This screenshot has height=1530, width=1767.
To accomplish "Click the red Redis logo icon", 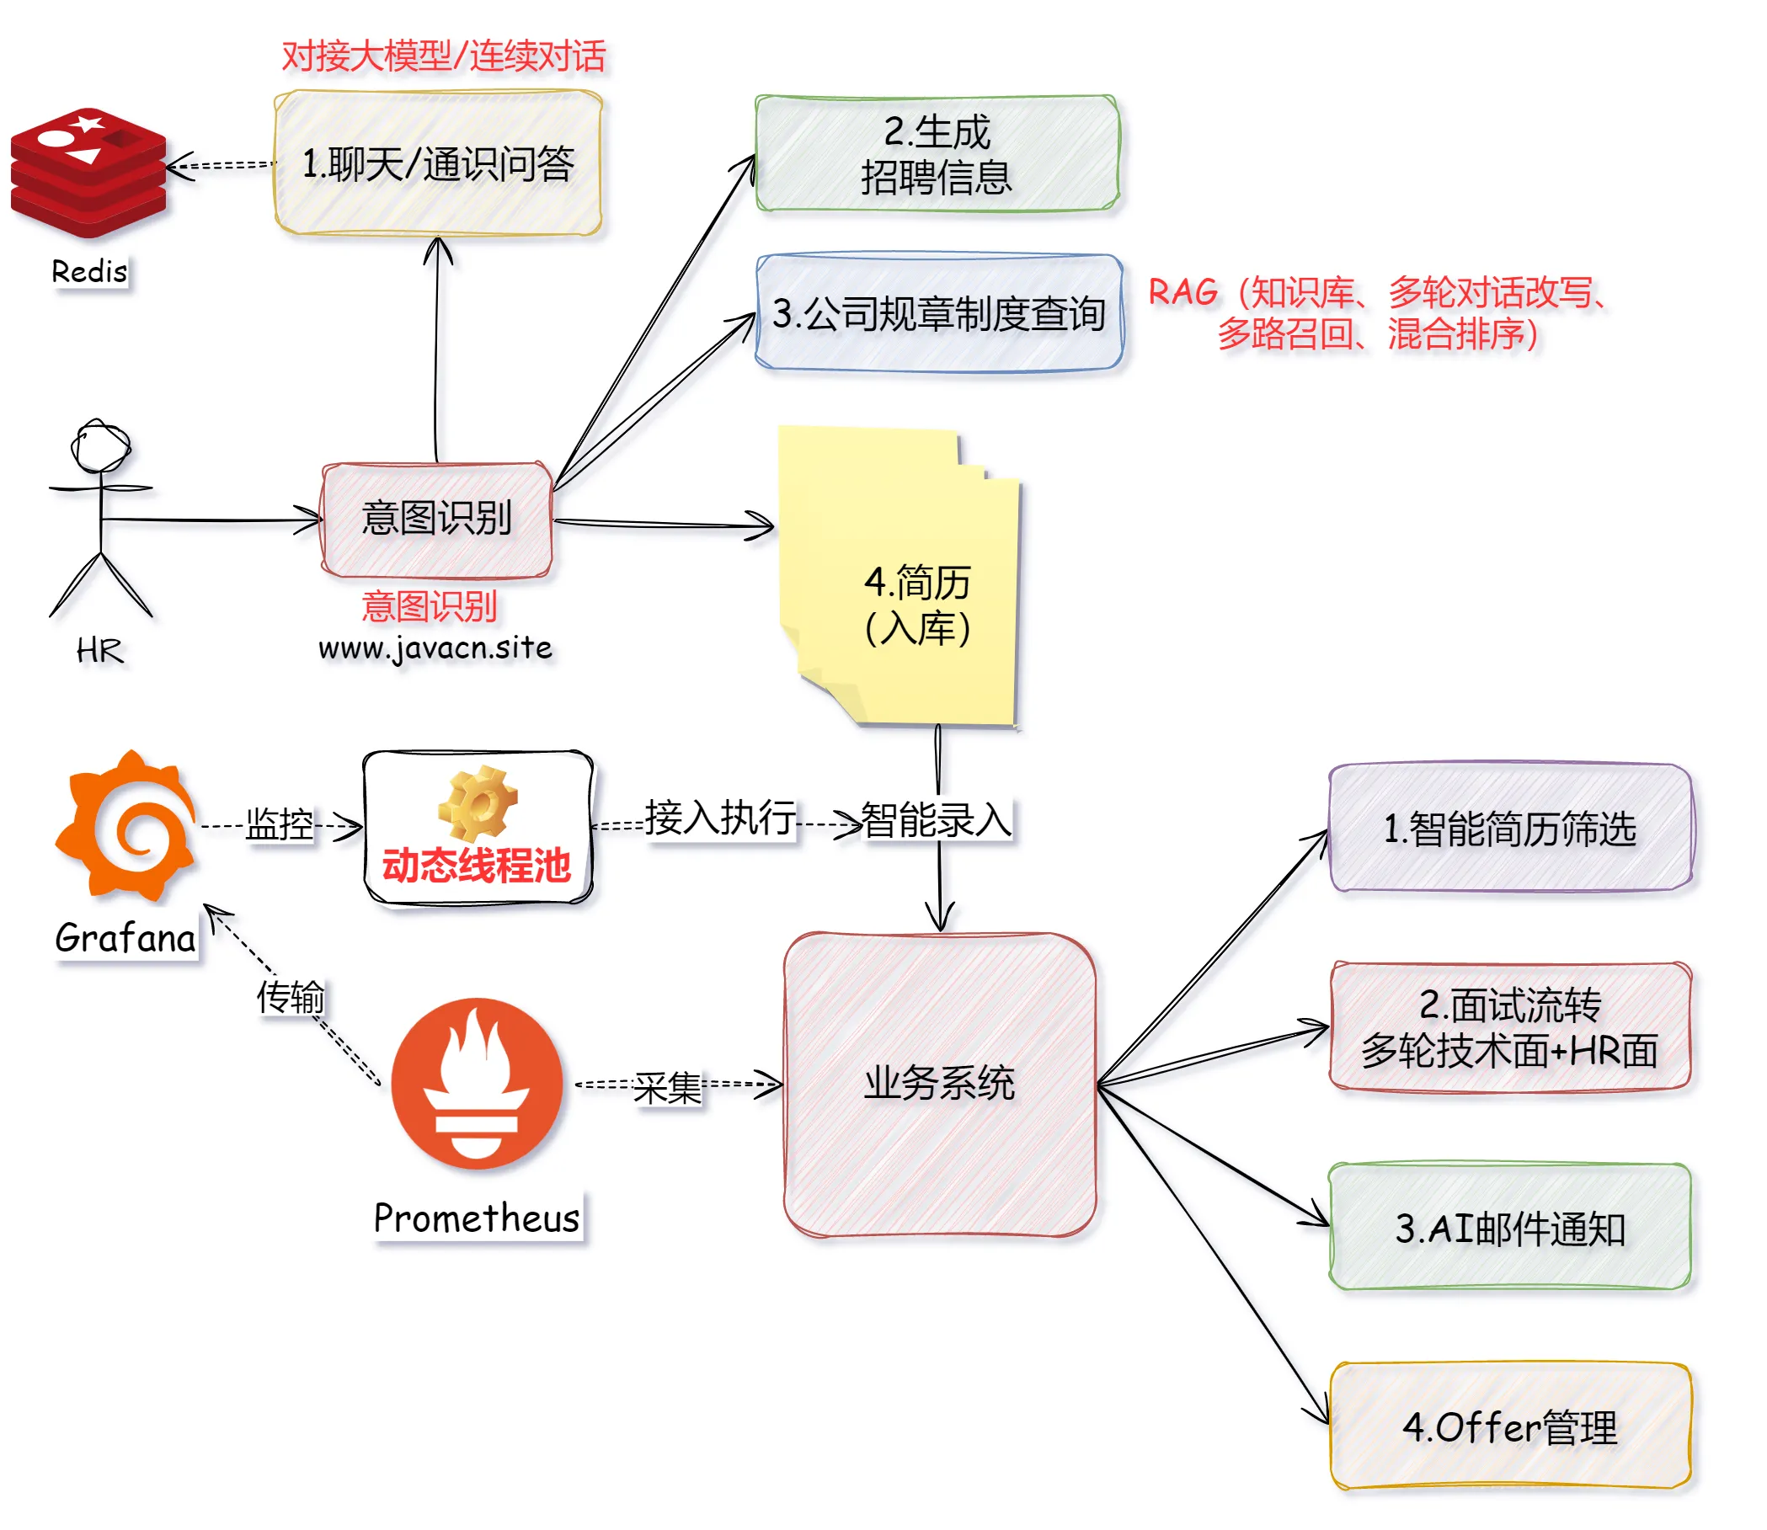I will coord(88,173).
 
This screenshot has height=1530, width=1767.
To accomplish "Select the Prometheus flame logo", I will coord(477,1085).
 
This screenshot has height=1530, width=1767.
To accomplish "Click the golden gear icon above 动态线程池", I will coord(478,802).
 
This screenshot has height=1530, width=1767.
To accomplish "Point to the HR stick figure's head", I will coord(101,445).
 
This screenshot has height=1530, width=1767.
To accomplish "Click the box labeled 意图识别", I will coord(436,519).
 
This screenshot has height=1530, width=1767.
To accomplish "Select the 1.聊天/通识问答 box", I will coord(438,163).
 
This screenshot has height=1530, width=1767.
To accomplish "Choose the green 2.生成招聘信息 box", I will coord(937,154).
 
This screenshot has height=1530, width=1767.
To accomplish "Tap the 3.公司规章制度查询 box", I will coord(938,313).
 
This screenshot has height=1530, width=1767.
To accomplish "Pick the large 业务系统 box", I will coord(939,1085).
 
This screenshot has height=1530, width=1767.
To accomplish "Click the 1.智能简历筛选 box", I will coord(1510,829).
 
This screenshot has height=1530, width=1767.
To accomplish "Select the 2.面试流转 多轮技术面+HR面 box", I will coord(1510,1027).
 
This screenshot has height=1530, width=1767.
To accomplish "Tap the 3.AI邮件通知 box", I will coord(1510,1228).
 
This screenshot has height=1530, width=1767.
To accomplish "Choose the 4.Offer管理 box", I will coord(1510,1426).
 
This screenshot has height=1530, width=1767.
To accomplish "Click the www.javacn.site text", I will coord(435,648).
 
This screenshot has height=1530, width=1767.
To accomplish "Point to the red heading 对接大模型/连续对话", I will coord(443,56).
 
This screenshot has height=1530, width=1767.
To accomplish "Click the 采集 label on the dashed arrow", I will coord(667,1087).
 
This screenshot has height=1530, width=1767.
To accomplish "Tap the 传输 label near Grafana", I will coord(291,996).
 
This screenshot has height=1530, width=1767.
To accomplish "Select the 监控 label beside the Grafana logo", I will coord(280,824).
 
